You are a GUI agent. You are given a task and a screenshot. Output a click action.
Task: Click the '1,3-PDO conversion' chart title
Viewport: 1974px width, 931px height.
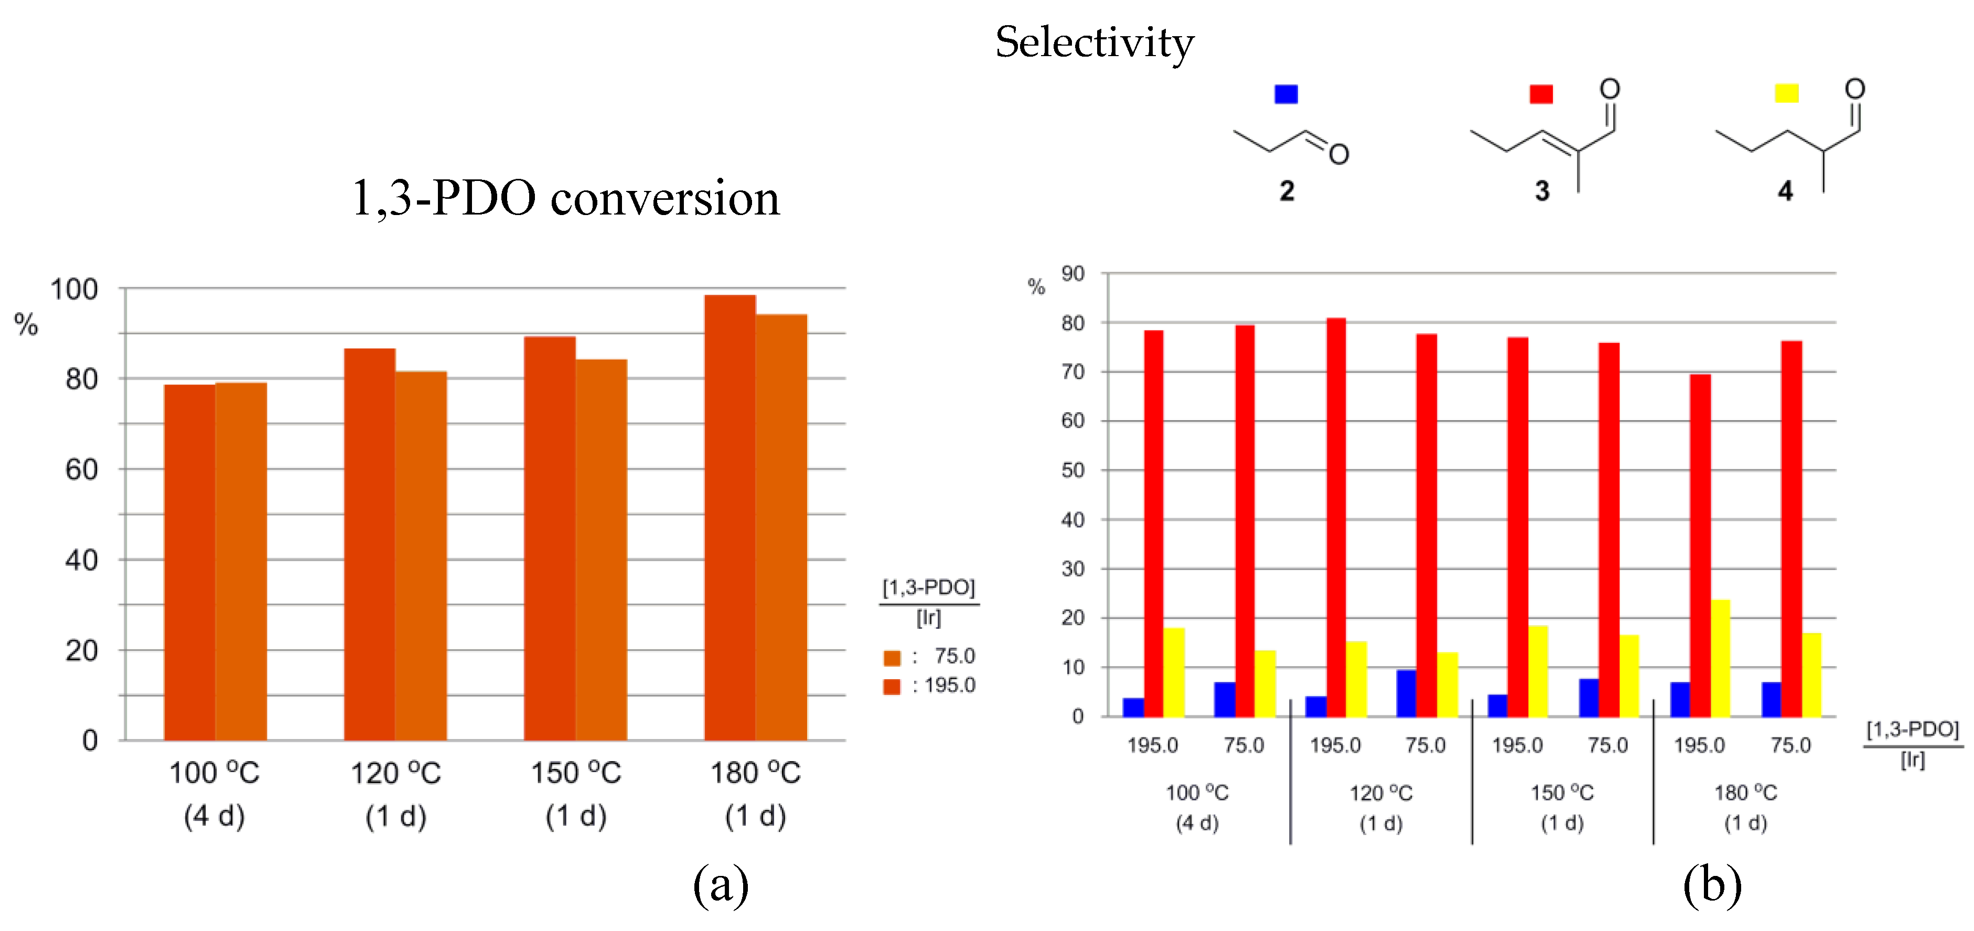coord(565,198)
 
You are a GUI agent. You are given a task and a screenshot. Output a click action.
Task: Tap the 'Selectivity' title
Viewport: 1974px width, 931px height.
coord(1095,42)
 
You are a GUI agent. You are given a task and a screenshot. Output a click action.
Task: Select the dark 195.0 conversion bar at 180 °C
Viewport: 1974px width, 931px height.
coord(729,517)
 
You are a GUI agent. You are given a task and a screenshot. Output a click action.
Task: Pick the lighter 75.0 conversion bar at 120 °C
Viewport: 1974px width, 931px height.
coord(421,555)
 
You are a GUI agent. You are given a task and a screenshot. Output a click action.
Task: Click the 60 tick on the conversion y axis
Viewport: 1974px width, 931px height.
coord(81,469)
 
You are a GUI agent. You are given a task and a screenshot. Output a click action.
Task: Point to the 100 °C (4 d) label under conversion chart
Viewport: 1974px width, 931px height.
coord(214,793)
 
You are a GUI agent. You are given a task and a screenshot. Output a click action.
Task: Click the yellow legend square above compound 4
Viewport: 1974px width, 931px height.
coord(1786,93)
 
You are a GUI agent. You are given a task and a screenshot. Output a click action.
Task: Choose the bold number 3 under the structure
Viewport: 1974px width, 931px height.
coord(1542,191)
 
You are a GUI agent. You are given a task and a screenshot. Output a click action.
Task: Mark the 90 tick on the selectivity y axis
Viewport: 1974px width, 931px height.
coord(1073,274)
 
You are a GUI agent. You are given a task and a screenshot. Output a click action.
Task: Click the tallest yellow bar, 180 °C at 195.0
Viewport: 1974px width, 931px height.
coord(1720,658)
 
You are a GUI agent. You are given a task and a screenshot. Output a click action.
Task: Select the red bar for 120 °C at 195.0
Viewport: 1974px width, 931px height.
coord(1336,517)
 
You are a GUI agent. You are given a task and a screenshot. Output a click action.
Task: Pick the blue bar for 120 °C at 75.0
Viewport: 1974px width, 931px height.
coord(1406,693)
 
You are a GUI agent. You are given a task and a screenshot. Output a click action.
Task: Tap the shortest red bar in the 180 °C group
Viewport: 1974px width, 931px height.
coord(1700,545)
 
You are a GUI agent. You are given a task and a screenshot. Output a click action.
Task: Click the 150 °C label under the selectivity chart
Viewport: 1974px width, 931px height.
coord(1562,793)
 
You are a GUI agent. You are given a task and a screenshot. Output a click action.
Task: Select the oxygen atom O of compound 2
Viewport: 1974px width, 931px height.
coord(1339,155)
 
